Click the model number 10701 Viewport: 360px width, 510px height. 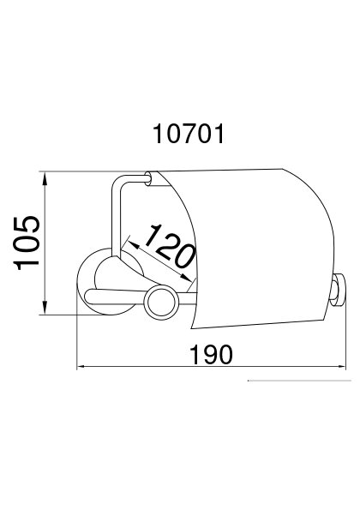189,134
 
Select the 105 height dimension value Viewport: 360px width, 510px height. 27,243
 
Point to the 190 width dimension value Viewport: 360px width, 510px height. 211,355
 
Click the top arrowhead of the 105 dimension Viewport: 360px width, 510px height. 45,178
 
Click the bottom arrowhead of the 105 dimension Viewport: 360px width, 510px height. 45,308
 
